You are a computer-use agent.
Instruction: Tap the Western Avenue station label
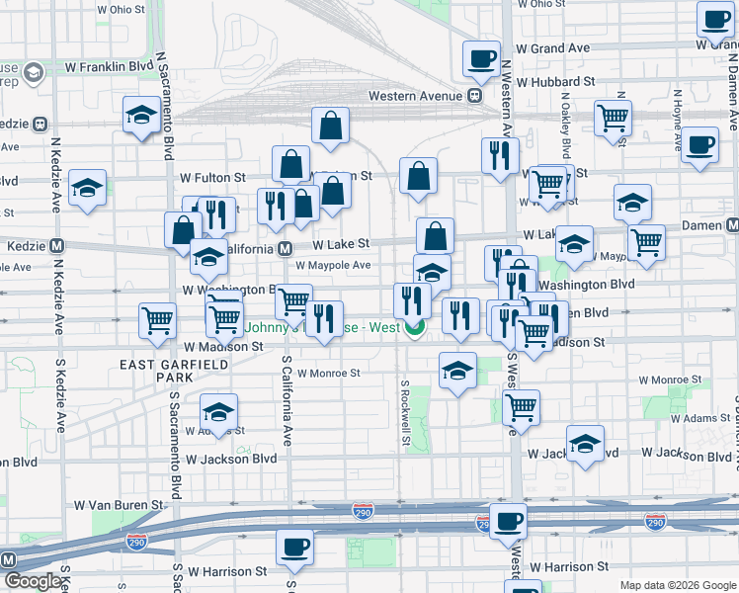click(x=415, y=96)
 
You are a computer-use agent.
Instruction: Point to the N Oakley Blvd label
click(x=564, y=125)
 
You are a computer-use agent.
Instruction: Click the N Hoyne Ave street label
click(x=678, y=119)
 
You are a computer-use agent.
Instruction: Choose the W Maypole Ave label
click(x=333, y=265)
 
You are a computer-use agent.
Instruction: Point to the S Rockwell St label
click(x=405, y=411)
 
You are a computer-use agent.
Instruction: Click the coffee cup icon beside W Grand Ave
click(x=481, y=59)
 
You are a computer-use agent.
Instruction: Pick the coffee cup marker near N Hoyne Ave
click(x=699, y=144)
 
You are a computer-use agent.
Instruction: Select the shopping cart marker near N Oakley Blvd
click(x=613, y=118)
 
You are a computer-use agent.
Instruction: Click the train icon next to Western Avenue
click(x=474, y=96)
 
